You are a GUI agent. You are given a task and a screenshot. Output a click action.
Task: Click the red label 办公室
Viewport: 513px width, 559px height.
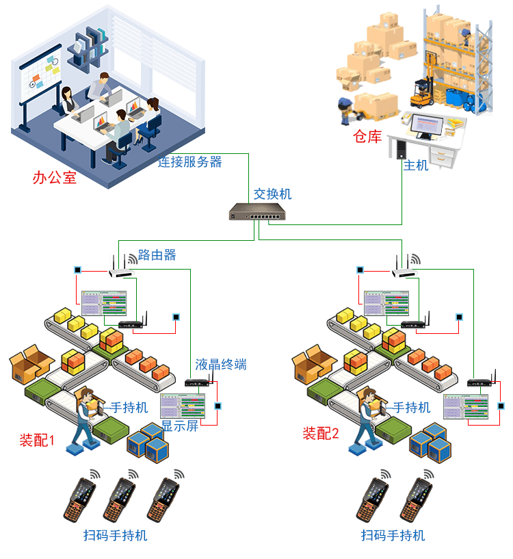(54, 179)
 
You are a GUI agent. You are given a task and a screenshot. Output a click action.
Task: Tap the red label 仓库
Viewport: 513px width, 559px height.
(367, 137)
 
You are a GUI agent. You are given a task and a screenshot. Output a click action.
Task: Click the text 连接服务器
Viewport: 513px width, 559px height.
(189, 162)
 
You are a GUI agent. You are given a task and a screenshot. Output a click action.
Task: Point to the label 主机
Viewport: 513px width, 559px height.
(415, 165)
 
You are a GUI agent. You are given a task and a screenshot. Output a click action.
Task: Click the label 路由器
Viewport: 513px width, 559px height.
(157, 255)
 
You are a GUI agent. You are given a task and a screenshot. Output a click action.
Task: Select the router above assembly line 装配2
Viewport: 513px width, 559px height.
(404, 268)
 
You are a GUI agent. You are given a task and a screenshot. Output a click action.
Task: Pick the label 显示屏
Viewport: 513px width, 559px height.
(180, 425)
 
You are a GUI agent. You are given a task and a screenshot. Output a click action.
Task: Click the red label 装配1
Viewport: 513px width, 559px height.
(38, 440)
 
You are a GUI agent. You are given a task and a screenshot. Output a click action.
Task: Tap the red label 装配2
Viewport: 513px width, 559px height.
(321, 433)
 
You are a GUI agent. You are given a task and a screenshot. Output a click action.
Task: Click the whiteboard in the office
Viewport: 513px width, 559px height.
(34, 86)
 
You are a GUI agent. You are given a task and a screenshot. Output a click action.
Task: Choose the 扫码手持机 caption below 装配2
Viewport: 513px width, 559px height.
(393, 535)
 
